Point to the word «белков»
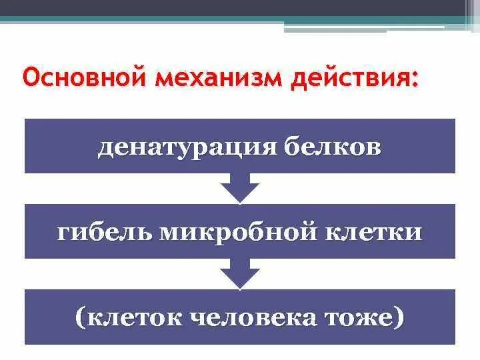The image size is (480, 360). tap(333, 147)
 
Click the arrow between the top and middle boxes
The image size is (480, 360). tap(239, 188)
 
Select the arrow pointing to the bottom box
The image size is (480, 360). tap(239, 273)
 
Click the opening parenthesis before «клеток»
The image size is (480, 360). tap(81, 317)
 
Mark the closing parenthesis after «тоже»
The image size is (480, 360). tap(399, 317)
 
